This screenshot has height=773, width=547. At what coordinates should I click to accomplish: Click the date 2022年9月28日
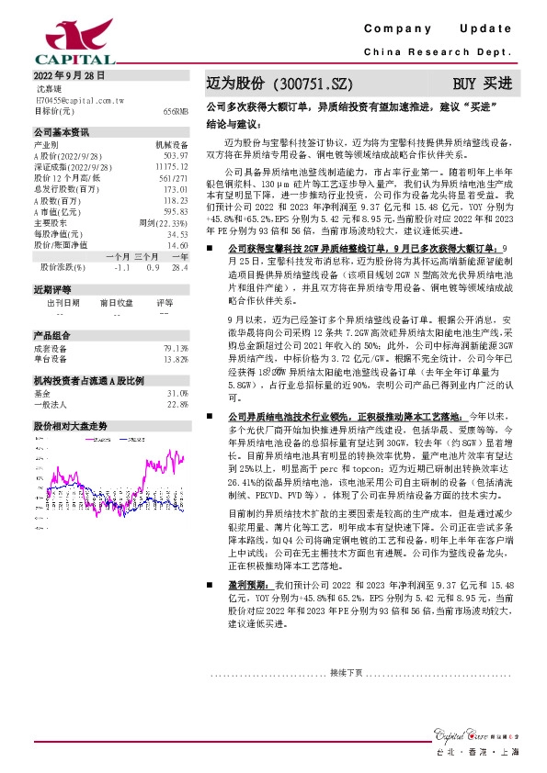coord(70,76)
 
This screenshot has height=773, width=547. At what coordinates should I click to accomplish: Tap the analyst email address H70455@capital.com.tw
coord(79,99)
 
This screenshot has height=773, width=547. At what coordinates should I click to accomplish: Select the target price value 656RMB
coord(176,110)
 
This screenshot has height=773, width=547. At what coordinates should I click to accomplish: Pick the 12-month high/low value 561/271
coord(174,178)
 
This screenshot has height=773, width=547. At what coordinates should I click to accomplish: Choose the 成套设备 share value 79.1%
coord(176,347)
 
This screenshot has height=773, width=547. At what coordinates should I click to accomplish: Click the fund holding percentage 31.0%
coord(177,392)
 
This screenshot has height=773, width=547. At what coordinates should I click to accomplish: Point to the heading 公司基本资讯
coord(62,131)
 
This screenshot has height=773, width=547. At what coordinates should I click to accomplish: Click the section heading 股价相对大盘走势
coord(71,426)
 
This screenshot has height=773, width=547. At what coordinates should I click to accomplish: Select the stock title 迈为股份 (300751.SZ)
coord(267,84)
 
